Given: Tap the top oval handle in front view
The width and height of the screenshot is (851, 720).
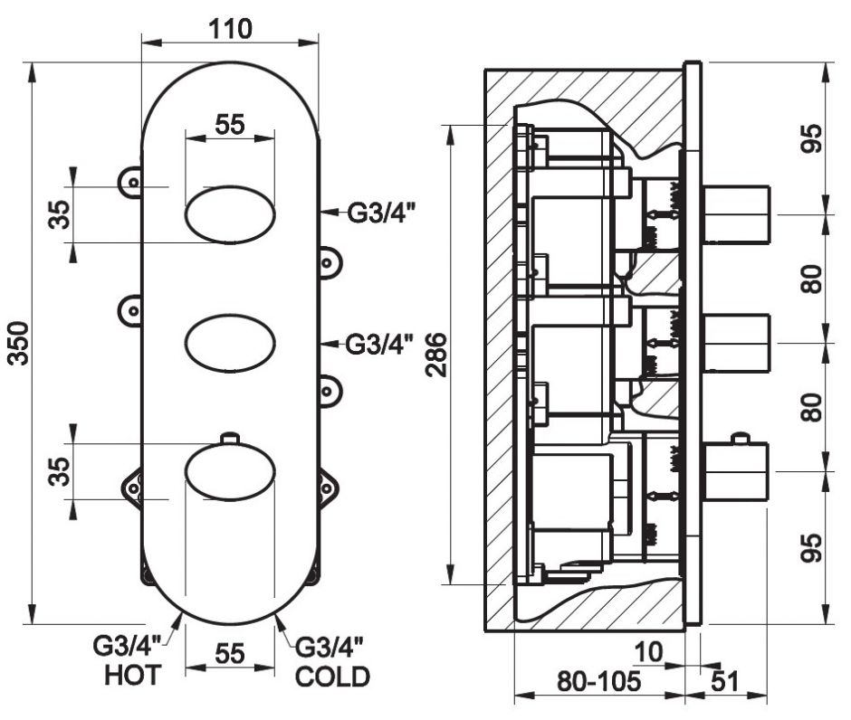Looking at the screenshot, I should point(230,215).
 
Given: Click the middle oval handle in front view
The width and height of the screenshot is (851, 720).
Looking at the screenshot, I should point(230,343).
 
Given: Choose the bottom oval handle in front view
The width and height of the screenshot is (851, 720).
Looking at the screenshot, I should point(230,471).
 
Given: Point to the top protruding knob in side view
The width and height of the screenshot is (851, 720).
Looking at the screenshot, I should point(736,214).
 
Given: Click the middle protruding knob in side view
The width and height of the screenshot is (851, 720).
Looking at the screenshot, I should point(736,343).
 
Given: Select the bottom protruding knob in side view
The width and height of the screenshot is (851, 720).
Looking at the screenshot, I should point(736,470).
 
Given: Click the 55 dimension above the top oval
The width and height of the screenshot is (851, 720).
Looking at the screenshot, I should point(230,124).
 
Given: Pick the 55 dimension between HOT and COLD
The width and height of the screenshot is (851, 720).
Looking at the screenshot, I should point(230,653).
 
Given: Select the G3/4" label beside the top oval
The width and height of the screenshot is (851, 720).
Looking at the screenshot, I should point(380,214).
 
